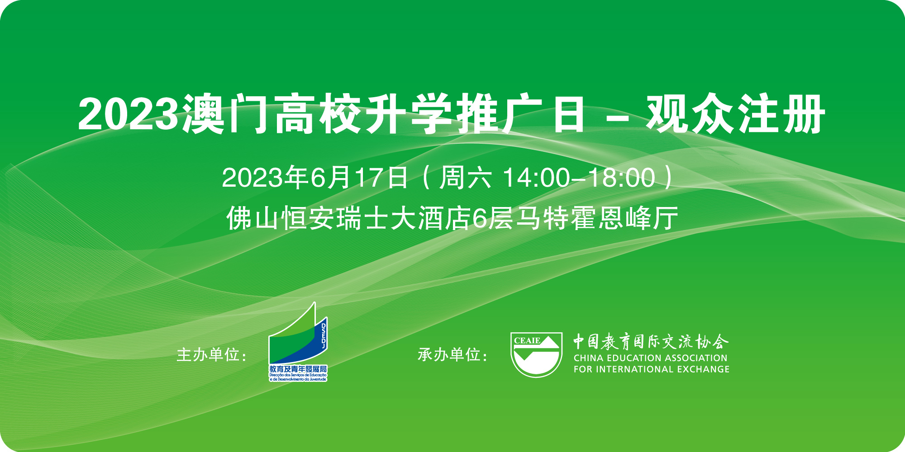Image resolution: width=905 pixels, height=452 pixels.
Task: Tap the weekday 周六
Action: [465, 178]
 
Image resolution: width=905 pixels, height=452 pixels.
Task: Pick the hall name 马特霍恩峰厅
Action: [598, 218]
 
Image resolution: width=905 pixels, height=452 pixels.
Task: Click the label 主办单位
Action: [208, 355]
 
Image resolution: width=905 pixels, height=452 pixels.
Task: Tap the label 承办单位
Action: [449, 355]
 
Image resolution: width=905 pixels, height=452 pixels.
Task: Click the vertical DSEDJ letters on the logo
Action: [324, 336]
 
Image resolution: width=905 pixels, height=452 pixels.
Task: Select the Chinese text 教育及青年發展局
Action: [298, 369]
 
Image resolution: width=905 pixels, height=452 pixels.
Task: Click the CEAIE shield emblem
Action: [536, 355]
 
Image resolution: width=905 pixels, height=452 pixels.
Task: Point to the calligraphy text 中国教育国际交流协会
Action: [651, 342]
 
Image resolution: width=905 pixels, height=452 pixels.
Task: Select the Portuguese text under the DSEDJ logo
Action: [298, 377]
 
